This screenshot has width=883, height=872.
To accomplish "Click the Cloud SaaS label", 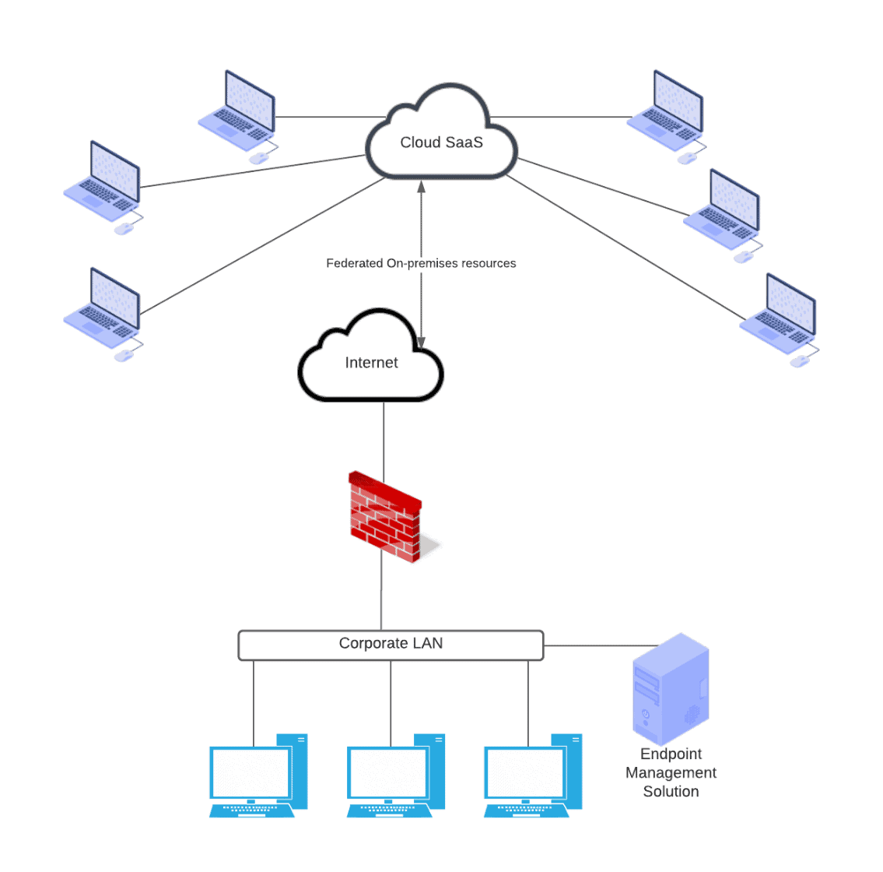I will click(441, 142).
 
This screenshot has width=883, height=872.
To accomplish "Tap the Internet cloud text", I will click(371, 363).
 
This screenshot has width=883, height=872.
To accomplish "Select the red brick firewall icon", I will click(385, 518).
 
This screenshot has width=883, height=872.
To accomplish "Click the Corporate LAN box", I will click(391, 644).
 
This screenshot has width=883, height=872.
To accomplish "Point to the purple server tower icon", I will click(671, 689).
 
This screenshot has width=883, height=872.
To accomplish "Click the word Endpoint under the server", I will click(671, 754).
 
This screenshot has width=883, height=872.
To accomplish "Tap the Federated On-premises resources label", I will click(421, 263).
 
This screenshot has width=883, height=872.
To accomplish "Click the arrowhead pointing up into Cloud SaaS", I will click(421, 186).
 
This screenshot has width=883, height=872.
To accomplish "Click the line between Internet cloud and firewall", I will click(384, 436).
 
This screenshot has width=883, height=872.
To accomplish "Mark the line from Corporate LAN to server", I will click(599, 645).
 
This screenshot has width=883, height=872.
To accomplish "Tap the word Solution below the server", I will click(671, 792).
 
